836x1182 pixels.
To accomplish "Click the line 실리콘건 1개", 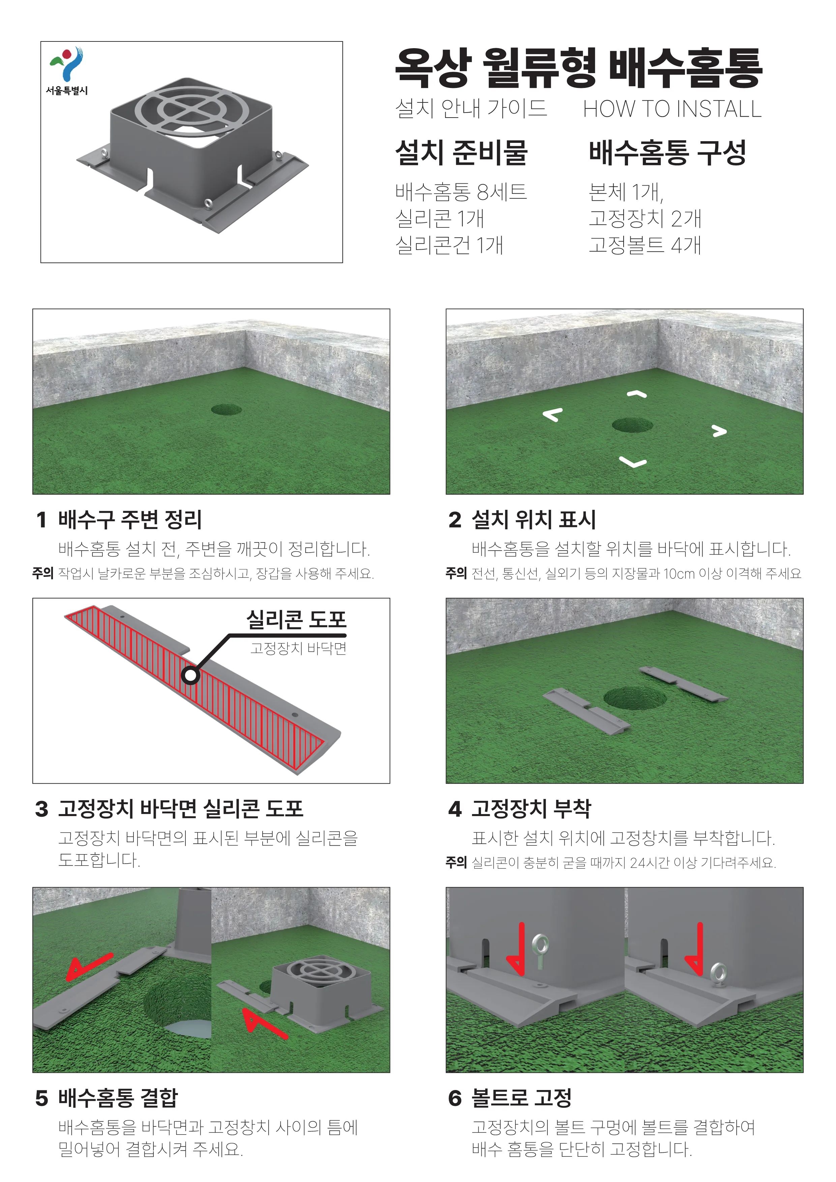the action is (449, 245).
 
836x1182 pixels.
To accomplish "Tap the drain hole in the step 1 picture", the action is (226, 410).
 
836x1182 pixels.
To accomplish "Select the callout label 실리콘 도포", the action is (297, 619).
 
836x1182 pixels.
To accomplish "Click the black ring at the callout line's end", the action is (190, 675).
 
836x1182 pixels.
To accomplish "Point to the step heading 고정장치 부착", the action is (532, 808).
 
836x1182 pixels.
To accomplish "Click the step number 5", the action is (42, 1098).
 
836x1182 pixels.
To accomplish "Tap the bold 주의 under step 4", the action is (456, 862).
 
